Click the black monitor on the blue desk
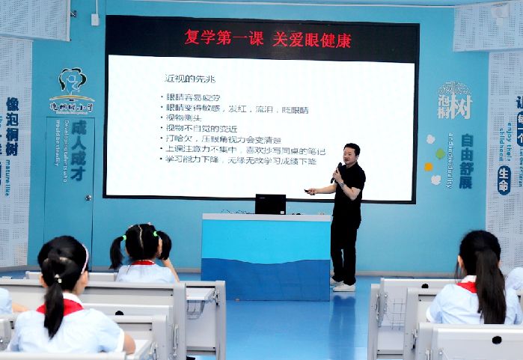[x=270, y=204]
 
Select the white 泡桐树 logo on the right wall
[x=454, y=101]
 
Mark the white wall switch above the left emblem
[x=95, y=19]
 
